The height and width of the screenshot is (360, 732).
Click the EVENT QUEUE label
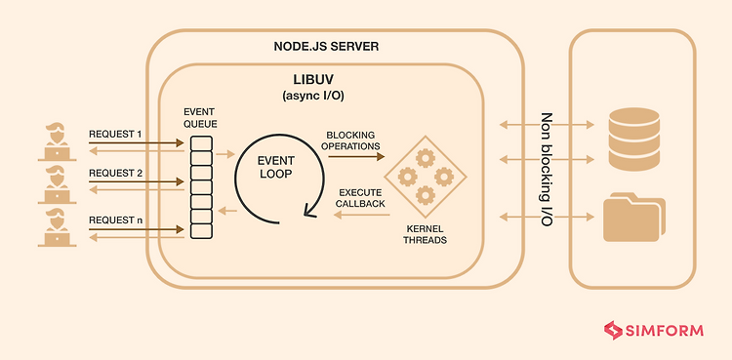pos(200,118)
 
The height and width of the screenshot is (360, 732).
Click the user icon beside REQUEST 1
pos(55,142)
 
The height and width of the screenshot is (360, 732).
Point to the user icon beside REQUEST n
pos(55,228)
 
